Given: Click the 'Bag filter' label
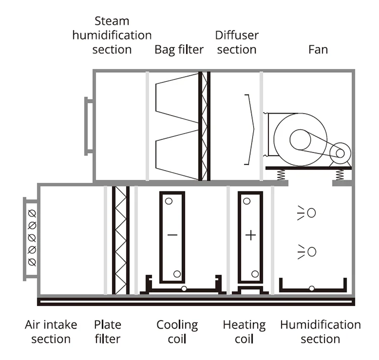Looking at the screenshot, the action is [179, 50].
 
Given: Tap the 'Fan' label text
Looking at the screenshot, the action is [318, 49].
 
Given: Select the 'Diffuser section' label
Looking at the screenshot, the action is [237, 42].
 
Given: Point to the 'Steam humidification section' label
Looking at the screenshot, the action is [112, 35].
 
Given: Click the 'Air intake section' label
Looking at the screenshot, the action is [51, 332].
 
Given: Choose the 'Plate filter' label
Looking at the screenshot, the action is [108, 332].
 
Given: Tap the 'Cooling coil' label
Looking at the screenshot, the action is [177, 332].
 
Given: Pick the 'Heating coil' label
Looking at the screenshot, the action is [244, 332].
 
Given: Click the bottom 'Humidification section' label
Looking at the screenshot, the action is [320, 332].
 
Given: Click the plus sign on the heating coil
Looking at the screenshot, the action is [251, 235].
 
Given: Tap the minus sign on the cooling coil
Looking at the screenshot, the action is [172, 235].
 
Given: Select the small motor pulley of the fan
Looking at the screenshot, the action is [340, 153].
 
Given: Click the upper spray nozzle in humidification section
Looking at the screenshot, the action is [311, 213].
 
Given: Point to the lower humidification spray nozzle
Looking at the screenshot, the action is [312, 251].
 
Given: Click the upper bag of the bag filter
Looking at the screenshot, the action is [177, 98].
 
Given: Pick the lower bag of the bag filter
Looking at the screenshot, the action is [177, 155].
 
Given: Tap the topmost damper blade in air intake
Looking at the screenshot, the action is [32, 214].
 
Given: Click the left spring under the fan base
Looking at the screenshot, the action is [281, 175].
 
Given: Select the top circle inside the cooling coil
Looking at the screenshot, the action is [169, 201].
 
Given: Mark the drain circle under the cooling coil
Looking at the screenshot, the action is [184, 288].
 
